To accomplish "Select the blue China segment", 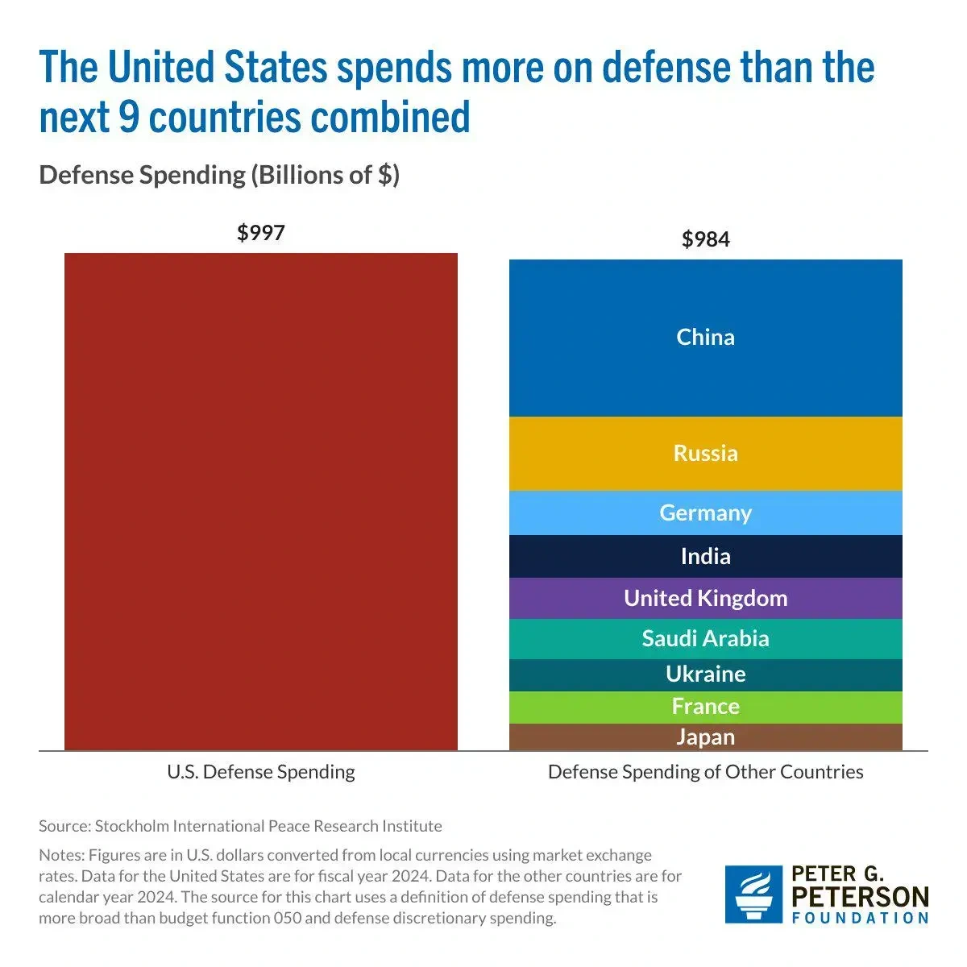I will click(705, 338).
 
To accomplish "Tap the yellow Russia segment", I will click(705, 453).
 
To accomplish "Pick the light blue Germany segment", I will click(705, 513).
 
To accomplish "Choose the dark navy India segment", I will click(705, 556).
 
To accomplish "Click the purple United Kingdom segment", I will click(705, 598).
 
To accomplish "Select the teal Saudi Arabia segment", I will click(705, 638).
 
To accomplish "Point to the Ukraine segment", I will click(705, 674).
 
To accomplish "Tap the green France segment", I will click(705, 707).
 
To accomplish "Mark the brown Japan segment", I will click(705, 737).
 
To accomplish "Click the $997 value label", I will click(261, 233).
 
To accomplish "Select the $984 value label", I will click(705, 239).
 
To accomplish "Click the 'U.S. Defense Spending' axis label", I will click(261, 772).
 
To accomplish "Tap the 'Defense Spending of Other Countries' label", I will click(705, 772).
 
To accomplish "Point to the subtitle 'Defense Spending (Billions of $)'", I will click(219, 175).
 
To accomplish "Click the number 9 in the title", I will click(128, 116).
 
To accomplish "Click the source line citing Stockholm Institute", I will click(240, 826).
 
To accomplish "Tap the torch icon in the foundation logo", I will click(753, 894).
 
